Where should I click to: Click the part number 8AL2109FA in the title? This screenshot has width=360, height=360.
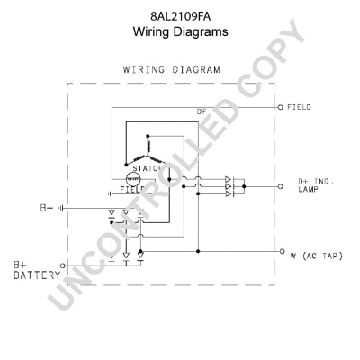[x=181, y=15]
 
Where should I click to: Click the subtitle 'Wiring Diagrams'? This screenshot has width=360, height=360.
[x=181, y=31]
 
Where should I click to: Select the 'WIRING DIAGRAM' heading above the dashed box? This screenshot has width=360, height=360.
[x=181, y=69]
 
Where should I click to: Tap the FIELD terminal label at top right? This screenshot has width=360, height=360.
[x=300, y=107]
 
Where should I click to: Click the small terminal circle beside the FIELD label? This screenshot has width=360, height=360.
[x=280, y=106]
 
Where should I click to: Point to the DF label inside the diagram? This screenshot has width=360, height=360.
[x=202, y=112]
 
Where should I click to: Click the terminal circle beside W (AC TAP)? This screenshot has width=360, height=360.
[x=280, y=250]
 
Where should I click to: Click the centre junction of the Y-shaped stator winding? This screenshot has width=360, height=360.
[x=147, y=145]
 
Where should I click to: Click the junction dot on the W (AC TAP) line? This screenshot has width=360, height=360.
[x=197, y=250]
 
